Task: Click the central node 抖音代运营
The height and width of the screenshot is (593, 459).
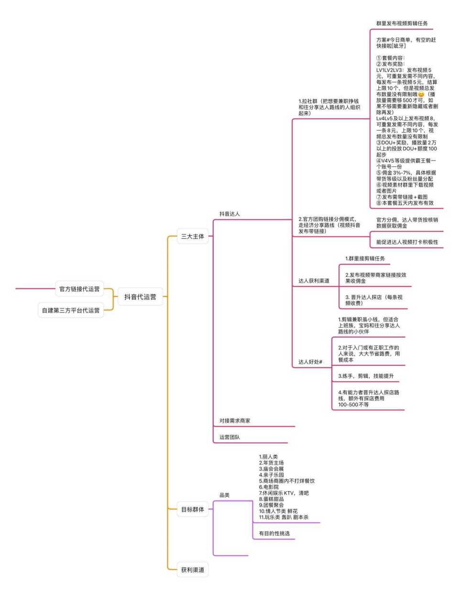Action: [x=140, y=297]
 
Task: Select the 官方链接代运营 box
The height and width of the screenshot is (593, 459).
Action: [x=79, y=289]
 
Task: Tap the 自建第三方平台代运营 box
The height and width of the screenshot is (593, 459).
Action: [x=71, y=310]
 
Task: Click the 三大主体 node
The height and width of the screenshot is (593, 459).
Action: [x=193, y=236]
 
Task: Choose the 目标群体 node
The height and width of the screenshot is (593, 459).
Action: [x=193, y=509]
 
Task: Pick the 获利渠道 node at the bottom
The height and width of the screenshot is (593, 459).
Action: [x=193, y=570]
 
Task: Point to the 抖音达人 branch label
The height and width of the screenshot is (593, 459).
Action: [x=229, y=214]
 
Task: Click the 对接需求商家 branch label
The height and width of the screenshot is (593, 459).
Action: [x=235, y=421]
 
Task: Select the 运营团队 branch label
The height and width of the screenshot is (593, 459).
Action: [x=229, y=437]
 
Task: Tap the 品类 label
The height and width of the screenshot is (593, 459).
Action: [x=224, y=495]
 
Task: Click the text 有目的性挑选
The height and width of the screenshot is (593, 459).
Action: [x=274, y=533]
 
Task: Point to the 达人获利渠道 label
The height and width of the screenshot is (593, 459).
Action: [x=314, y=281]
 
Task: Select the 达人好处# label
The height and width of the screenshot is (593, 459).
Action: [x=310, y=362]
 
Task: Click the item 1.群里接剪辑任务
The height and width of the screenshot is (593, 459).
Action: [x=365, y=259]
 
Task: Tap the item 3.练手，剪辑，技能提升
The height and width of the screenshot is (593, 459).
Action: [x=366, y=376]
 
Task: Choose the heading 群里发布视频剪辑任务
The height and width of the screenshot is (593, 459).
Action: [x=402, y=23]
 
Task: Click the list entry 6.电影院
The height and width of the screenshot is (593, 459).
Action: [x=269, y=487]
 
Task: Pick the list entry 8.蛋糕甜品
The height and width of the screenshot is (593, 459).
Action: [x=271, y=499]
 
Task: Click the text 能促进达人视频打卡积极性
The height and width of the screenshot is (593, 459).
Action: [x=407, y=242]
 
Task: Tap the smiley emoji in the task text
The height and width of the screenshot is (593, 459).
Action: [x=421, y=94]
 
